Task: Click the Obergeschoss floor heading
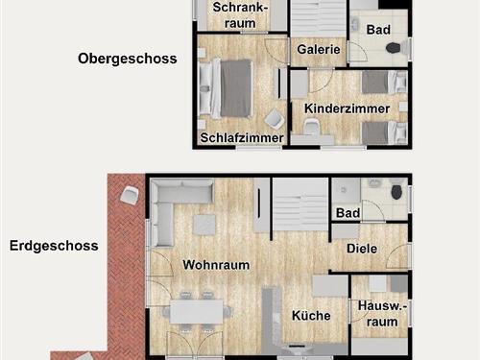pyautogui.click(x=127, y=59)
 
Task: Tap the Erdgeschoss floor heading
pyautogui.click(x=54, y=246)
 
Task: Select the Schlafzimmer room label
pyautogui.click(x=242, y=138)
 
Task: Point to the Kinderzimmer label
pyautogui.click(x=346, y=108)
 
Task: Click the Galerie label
pyautogui.click(x=318, y=49)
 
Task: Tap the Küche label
pyautogui.click(x=311, y=316)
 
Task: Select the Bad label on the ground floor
pyautogui.click(x=348, y=212)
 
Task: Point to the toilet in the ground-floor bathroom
pyautogui.click(x=396, y=194)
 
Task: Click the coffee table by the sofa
pyautogui.click(x=204, y=224)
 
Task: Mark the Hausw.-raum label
pyautogui.click(x=380, y=315)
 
